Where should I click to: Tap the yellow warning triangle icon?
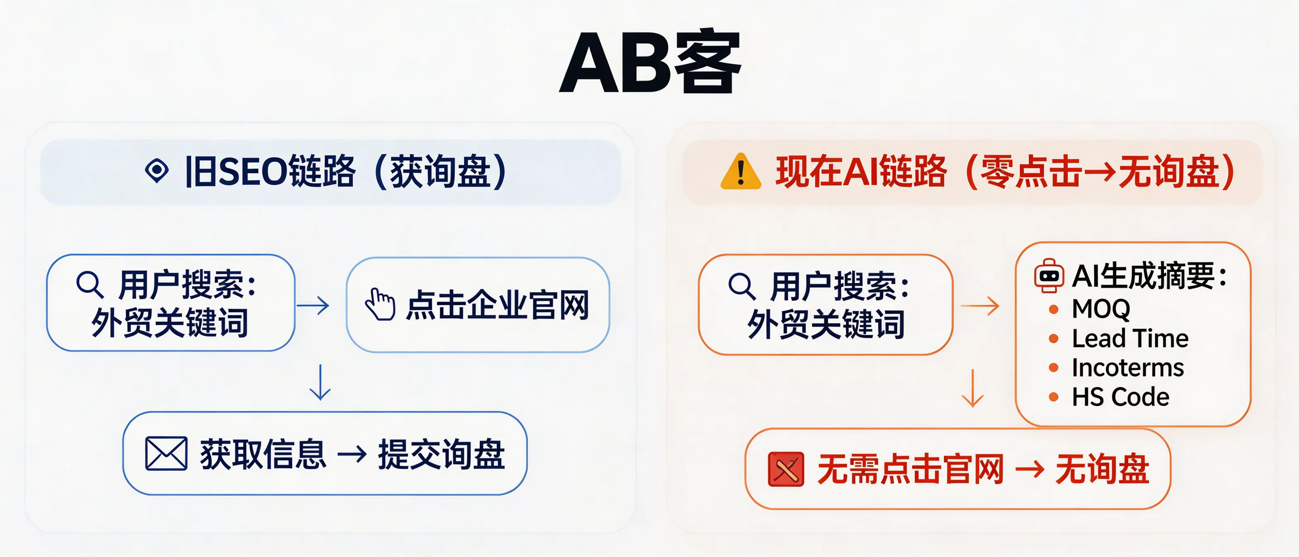pos(740,172)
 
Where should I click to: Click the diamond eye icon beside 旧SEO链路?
pos(157,170)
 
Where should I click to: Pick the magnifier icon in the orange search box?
pos(742,286)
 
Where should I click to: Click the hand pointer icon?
pos(380,304)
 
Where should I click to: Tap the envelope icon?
pos(166,453)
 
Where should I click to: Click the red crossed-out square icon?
pos(786,469)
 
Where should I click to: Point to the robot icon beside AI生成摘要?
pos(1049,276)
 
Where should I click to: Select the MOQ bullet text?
pos(1101,309)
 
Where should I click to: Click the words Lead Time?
pos(1130,339)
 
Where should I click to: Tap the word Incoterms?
pos(1128,368)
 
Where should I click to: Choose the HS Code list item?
pos(1120,397)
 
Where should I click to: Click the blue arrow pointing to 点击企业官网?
pos(313,305)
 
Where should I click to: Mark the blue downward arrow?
pos(320,382)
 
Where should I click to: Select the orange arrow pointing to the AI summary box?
pos(980,306)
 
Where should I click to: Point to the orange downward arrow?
pos(973,388)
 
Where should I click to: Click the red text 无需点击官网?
pos(910,469)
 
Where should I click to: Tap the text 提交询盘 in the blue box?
pos(441,454)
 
